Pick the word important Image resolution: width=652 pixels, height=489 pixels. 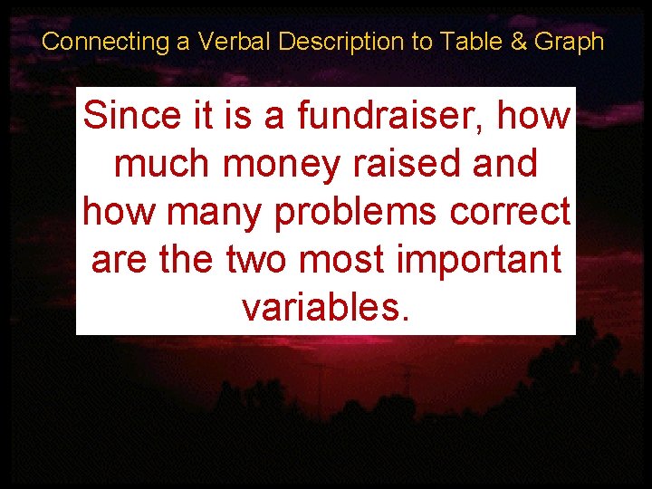483,261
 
